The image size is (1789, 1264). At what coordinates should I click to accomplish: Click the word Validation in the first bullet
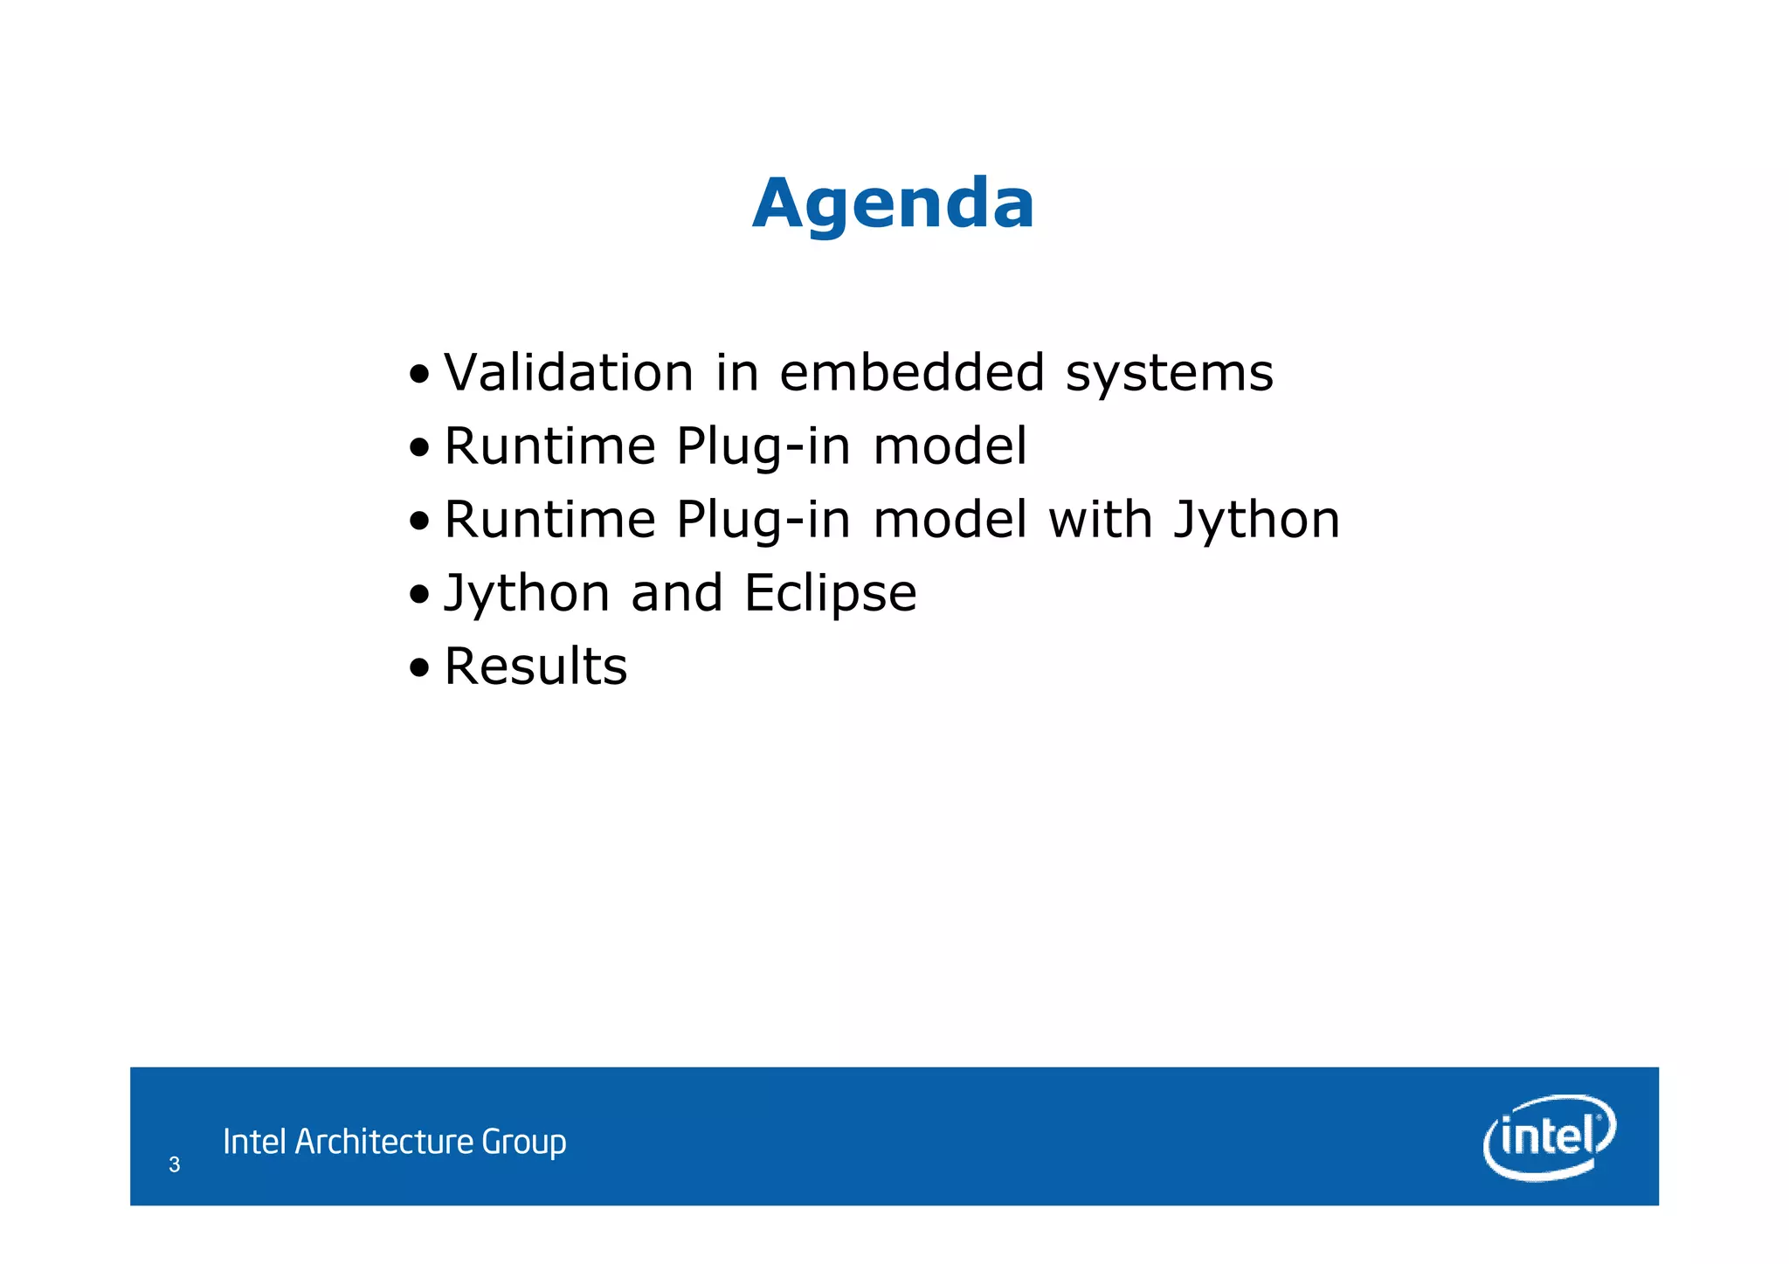(569, 372)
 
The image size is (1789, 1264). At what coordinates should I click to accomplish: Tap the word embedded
(912, 372)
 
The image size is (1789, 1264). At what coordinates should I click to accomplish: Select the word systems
(1170, 374)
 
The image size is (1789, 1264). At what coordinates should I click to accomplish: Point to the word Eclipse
(831, 594)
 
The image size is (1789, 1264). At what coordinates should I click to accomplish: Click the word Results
(535, 667)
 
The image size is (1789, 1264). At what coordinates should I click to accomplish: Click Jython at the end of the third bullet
(1256, 521)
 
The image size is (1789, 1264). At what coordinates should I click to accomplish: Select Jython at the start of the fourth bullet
(527, 594)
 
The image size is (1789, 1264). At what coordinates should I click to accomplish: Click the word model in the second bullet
(950, 446)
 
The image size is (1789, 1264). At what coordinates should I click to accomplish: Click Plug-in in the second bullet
(763, 447)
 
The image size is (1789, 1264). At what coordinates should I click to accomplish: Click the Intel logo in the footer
(1549, 1136)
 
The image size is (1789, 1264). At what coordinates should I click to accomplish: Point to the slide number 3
(175, 1164)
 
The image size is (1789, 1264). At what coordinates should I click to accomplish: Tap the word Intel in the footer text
(254, 1142)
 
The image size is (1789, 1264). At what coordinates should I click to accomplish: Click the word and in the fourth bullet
(677, 592)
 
